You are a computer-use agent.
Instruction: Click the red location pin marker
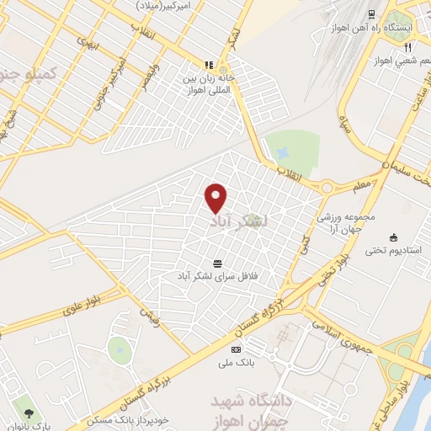216,197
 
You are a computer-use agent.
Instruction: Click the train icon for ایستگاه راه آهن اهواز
371,14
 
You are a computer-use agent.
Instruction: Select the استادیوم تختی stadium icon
393,237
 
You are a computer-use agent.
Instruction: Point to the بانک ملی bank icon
236,349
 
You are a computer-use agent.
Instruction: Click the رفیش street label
148,314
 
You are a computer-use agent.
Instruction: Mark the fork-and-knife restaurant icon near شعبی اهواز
407,46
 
